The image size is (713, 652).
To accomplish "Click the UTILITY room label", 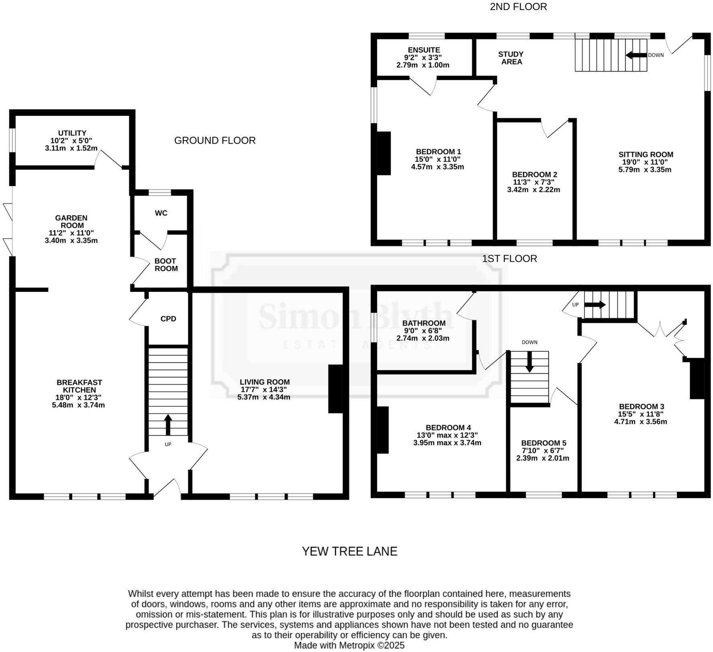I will point(72,133).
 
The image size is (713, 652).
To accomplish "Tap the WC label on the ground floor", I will point(161,213).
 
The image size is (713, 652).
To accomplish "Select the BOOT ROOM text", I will point(166,265).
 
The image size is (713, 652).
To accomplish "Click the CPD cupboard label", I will point(168,319).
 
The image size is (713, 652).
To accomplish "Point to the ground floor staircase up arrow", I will point(168,424).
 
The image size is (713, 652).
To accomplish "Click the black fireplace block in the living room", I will point(336,389).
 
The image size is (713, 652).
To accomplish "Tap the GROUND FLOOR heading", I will point(215,141).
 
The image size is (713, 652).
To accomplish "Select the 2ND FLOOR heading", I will point(518,7).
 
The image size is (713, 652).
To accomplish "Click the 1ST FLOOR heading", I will point(509,259).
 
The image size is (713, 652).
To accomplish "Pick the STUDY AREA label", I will point(511,58).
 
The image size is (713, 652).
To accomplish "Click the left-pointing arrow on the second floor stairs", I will point(636,55).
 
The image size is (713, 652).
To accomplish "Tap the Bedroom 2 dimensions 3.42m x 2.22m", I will point(533,189).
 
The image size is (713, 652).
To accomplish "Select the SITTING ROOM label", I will point(646,155).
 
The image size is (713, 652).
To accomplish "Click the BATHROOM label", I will point(424,323).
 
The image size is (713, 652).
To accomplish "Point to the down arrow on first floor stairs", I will point(530,362).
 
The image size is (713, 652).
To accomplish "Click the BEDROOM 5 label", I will point(544,443).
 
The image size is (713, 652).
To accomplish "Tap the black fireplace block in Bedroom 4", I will point(383,430).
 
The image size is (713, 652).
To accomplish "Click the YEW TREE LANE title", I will point(349,551).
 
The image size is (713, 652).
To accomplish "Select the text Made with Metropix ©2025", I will point(349,645).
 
